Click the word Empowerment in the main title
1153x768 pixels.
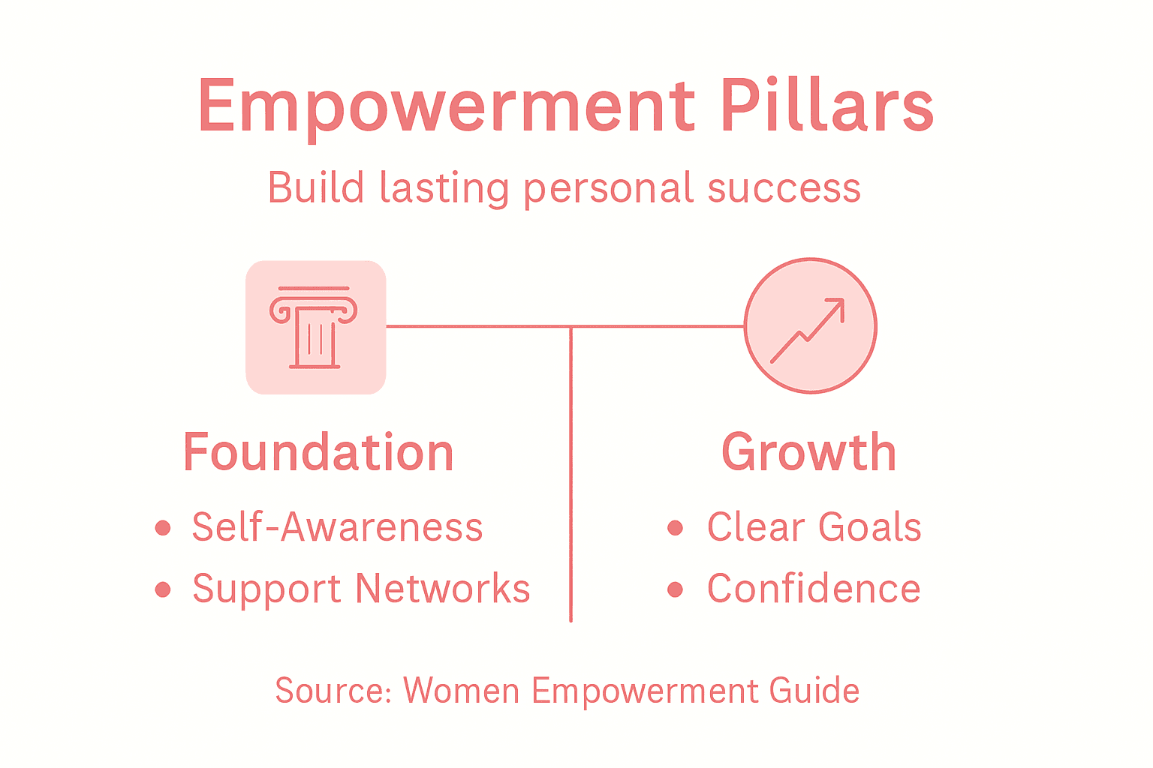[446, 106]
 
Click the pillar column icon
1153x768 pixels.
[315, 327]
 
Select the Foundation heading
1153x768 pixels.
[318, 452]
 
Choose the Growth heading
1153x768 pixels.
[808, 452]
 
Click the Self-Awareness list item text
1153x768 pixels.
[337, 526]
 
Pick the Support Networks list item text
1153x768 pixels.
[361, 589]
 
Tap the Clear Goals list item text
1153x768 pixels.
[814, 526]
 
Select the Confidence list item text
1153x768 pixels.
[814, 589]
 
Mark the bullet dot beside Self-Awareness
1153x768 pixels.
[163, 528]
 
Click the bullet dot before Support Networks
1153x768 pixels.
[163, 589]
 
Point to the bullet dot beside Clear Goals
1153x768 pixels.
[675, 528]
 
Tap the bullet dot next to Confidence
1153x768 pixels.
[675, 589]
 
